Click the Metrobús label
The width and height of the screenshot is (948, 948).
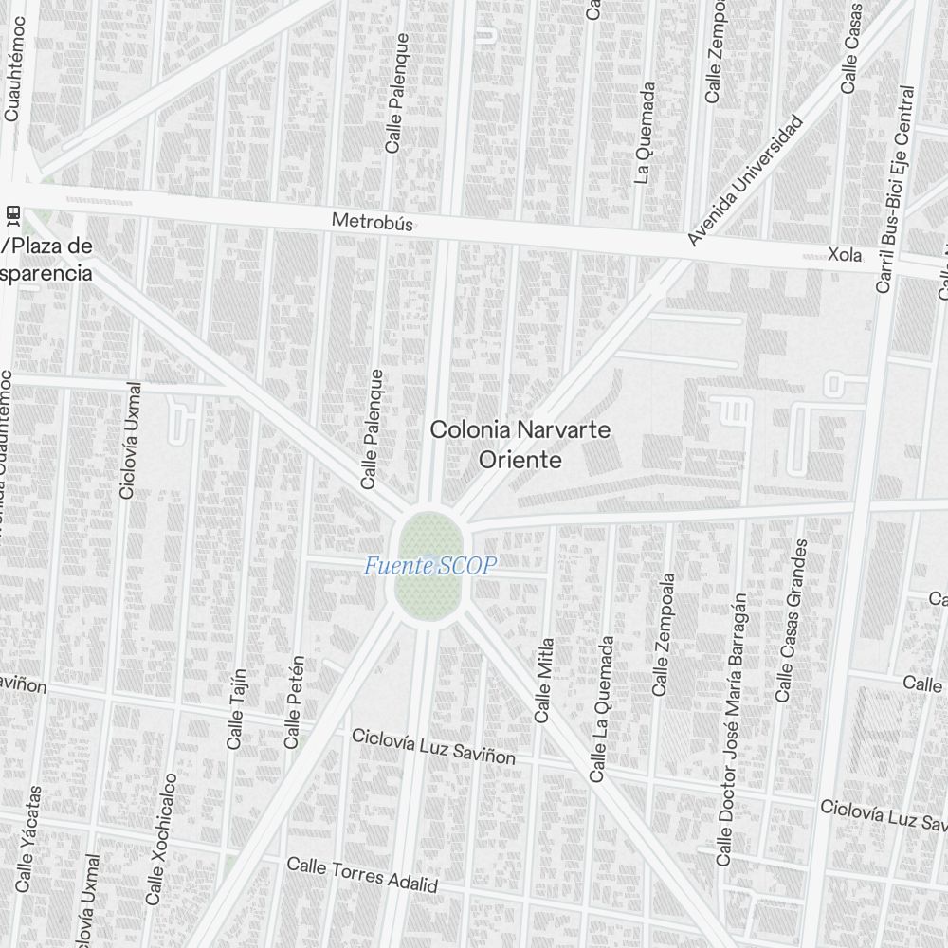tap(373, 224)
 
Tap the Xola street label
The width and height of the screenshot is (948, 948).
tap(844, 255)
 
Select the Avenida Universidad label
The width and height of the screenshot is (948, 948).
tap(744, 181)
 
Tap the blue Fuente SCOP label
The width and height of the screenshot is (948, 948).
tap(430, 567)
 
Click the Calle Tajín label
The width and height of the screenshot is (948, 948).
tap(236, 709)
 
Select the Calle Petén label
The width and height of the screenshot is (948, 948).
tap(294, 702)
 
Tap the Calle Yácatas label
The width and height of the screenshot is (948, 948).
tap(29, 838)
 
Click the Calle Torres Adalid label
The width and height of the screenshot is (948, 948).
tap(362, 875)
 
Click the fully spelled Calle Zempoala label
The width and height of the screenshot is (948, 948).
tap(663, 634)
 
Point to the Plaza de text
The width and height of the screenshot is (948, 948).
tap(47, 247)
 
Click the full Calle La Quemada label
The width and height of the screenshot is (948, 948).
tap(601, 709)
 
